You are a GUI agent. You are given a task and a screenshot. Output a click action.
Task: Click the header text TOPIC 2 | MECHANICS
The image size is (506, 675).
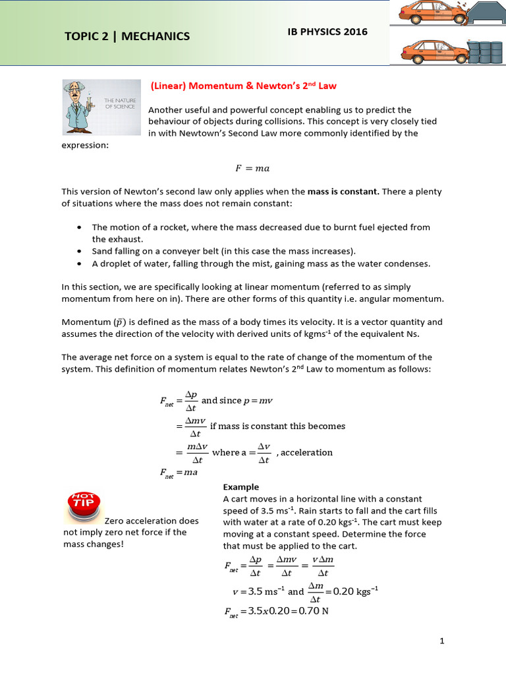click(127, 36)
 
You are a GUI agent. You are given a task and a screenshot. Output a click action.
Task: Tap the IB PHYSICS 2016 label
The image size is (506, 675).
click(328, 32)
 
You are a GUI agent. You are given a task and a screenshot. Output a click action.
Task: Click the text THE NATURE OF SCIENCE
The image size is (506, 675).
click(120, 103)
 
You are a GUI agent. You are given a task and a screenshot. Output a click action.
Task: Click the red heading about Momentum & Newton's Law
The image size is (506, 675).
click(243, 86)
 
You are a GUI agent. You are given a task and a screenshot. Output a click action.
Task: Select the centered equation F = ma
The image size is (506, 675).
click(253, 169)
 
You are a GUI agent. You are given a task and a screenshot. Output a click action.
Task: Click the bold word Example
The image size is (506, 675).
click(241, 487)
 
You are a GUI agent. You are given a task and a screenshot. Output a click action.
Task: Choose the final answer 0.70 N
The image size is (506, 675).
click(314, 611)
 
